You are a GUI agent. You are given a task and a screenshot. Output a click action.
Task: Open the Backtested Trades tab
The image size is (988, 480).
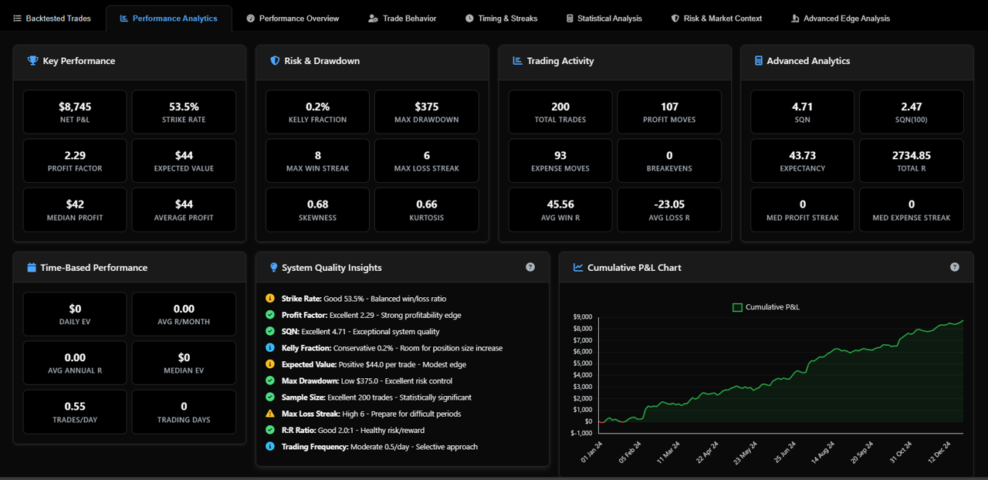52,19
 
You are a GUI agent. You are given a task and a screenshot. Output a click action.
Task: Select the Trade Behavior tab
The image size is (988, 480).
402,19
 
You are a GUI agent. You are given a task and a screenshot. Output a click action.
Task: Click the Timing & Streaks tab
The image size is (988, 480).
501,19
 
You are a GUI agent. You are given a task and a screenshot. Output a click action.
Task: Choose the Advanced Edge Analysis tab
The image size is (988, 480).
841,19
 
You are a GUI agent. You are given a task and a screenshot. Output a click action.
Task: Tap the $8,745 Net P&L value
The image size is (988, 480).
75,106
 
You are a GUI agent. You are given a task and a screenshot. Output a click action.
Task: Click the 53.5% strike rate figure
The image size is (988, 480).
184,106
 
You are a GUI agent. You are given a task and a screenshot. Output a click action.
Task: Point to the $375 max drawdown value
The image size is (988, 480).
427,106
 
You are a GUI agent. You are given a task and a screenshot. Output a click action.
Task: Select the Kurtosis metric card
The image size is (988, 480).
427,210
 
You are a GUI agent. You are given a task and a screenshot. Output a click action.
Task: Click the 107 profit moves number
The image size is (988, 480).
669,106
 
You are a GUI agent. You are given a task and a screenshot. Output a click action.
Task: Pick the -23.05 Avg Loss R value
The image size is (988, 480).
669,205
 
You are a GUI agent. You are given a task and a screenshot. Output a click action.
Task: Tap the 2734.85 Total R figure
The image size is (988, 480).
912,155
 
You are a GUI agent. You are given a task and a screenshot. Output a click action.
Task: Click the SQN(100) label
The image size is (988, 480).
912,120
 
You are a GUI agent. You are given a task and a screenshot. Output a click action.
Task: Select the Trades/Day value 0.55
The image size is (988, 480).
75,407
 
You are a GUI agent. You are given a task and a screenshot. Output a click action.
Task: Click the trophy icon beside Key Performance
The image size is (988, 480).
32,60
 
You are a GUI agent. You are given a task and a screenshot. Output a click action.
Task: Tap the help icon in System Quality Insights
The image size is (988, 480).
530,267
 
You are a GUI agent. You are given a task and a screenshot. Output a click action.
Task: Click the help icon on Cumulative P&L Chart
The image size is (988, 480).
955,267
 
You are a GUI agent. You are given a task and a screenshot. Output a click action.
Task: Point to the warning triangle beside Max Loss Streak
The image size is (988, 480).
270,414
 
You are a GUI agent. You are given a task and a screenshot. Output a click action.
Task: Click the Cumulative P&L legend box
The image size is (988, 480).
737,307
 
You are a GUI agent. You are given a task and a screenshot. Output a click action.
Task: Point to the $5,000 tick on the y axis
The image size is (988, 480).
583,363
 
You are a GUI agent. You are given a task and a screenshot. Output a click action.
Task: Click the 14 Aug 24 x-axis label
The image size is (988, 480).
823,452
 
